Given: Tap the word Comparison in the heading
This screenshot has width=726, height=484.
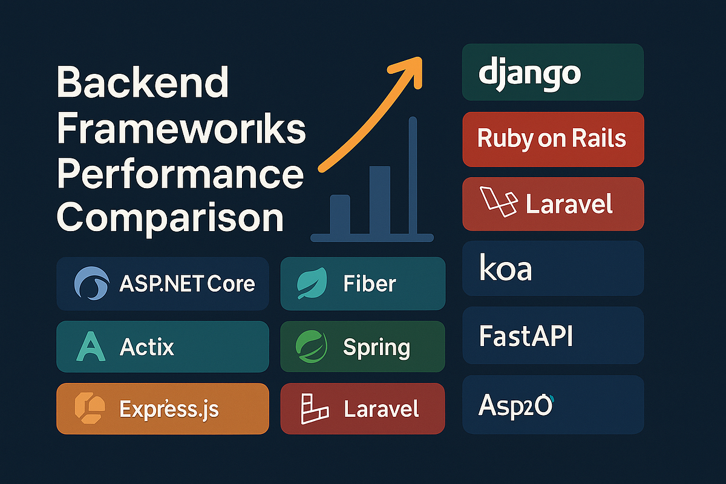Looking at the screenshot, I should coord(170,217).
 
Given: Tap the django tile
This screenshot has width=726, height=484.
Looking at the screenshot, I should coord(552,72).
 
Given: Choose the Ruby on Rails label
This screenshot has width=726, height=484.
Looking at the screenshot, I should coord(551,139).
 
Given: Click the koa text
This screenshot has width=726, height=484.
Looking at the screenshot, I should coord(505,269).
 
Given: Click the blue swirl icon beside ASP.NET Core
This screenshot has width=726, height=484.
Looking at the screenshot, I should coord(91,284).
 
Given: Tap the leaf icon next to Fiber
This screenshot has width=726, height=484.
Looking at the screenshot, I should coord(312,284).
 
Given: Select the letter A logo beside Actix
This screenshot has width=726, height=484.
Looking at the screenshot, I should coord(90,347).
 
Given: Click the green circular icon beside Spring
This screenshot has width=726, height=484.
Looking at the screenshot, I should coord(311,347).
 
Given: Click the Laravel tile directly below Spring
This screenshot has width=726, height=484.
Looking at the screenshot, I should coord(362,409).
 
